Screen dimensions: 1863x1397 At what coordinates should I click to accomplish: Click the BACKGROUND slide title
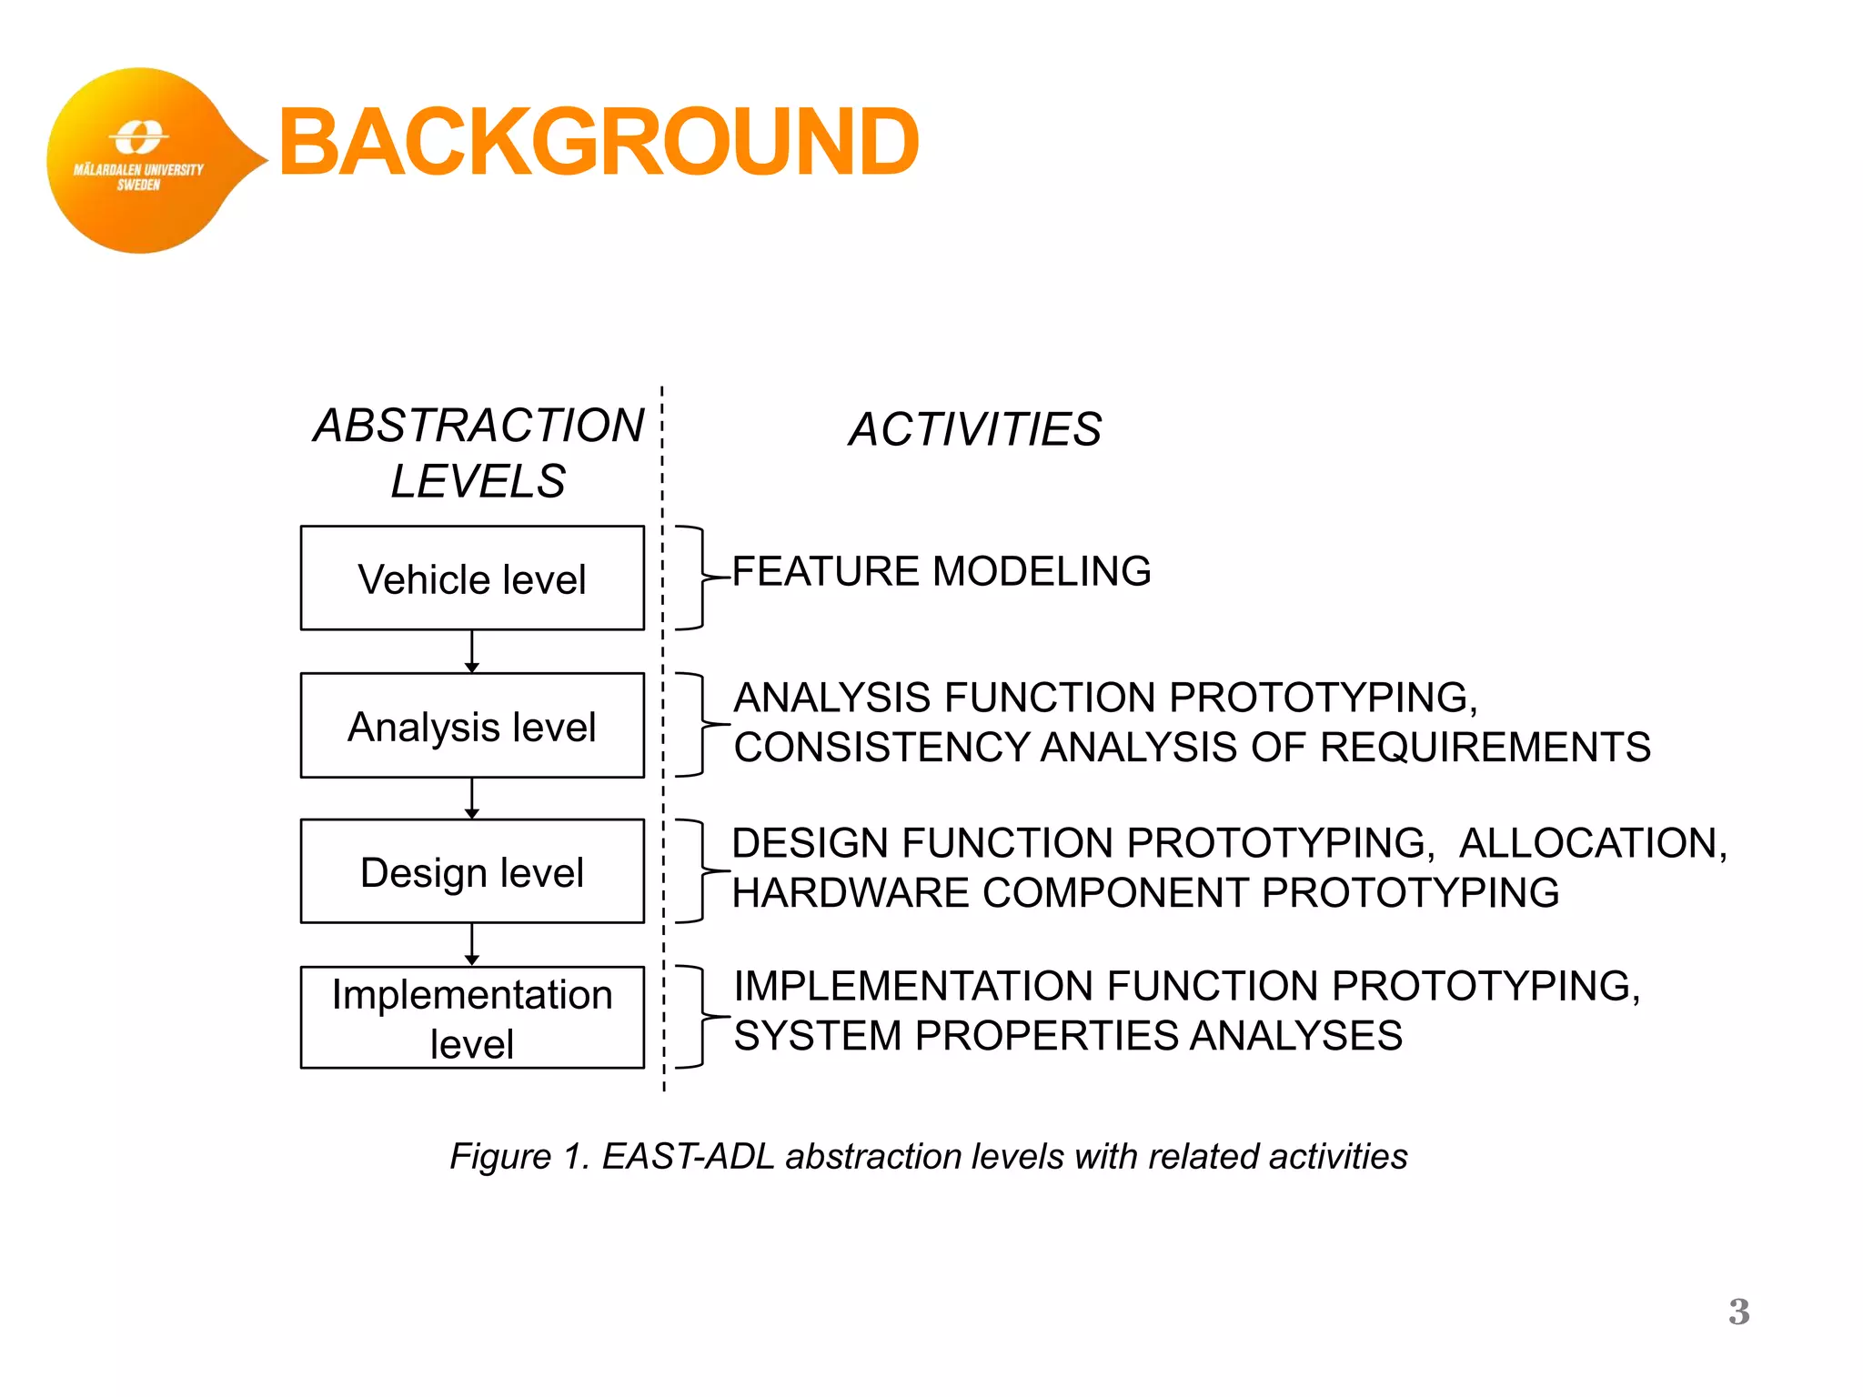(599, 142)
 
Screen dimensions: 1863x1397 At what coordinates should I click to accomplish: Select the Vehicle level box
(472, 578)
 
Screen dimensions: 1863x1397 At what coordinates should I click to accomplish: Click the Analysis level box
(472, 726)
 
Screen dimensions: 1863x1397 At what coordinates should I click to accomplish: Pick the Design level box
(472, 872)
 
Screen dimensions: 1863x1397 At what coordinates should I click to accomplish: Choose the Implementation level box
(472, 1018)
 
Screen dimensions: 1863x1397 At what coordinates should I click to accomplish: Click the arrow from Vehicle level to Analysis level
(471, 652)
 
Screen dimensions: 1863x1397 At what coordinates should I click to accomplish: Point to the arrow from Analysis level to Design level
(471, 799)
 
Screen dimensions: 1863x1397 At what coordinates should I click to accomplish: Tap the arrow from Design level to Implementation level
(471, 945)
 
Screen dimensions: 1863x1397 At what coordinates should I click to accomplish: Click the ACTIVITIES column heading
(975, 429)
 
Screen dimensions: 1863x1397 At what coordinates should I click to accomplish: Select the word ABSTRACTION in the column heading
(479, 426)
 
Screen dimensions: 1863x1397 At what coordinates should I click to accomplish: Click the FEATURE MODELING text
(942, 571)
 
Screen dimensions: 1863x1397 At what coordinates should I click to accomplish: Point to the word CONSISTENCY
(881, 748)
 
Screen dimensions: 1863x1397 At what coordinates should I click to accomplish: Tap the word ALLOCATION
(1592, 843)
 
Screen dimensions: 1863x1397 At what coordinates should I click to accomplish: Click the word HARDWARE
(851, 893)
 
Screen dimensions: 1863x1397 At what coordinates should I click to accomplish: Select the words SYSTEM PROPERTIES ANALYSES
(1068, 1036)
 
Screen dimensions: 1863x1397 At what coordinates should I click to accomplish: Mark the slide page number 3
(1738, 1312)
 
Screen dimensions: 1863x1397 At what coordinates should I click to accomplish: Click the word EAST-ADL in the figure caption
(688, 1157)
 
